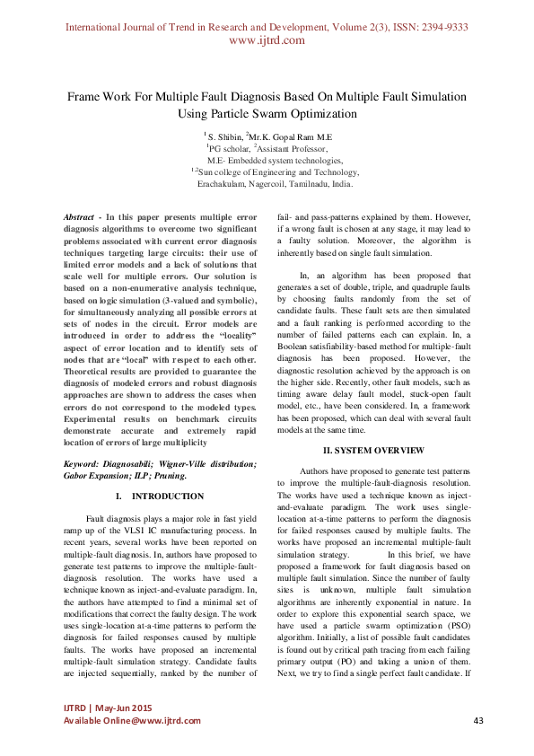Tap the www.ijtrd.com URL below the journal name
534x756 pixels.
click(x=267, y=40)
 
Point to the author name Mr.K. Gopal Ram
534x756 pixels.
click(x=288, y=135)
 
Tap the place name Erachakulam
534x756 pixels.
click(x=227, y=183)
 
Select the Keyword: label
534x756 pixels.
click(x=86, y=463)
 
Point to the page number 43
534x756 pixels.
click(x=478, y=721)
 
